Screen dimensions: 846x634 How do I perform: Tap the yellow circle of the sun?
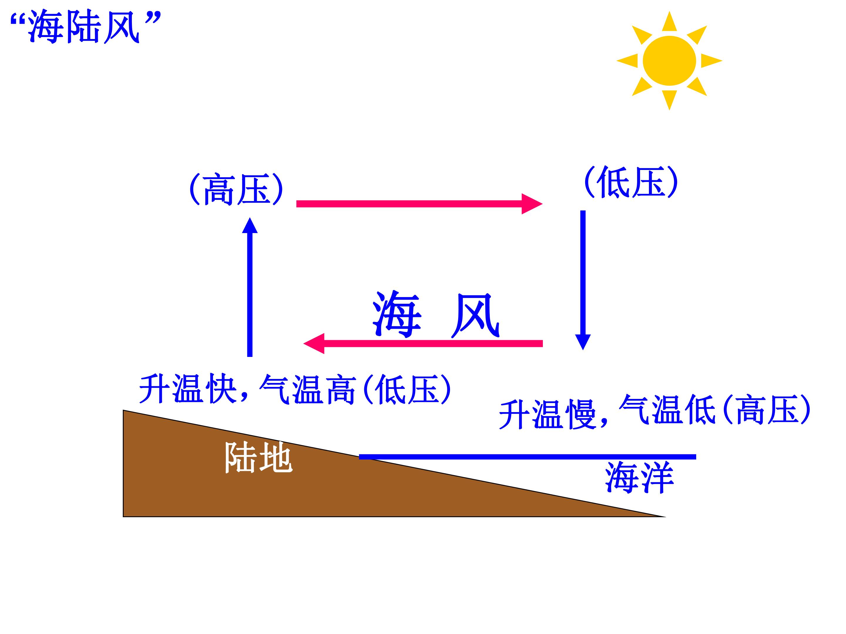point(669,61)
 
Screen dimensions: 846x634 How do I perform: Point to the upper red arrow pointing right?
point(419,204)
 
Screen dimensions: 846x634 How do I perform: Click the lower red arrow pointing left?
point(423,343)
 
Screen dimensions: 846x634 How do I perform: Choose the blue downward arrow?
point(583,280)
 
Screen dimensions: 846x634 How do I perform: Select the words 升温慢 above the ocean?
point(547,414)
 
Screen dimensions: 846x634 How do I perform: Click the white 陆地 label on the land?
point(258,457)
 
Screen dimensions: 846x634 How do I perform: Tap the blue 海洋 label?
point(639,477)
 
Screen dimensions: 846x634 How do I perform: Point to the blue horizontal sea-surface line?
point(527,457)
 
